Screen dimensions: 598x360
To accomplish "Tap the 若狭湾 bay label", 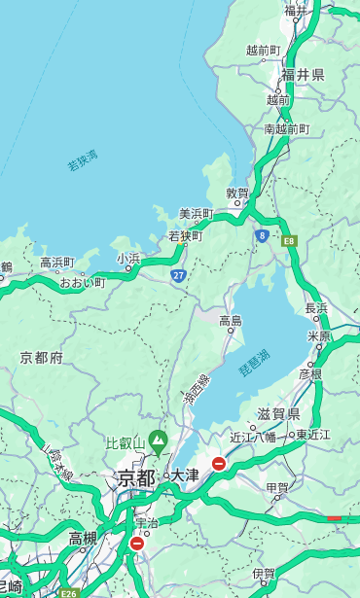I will (83, 160).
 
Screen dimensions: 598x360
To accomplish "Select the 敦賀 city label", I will (237, 193).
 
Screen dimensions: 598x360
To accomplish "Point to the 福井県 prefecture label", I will (303, 75).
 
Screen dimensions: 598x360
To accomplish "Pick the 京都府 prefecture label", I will (42, 358).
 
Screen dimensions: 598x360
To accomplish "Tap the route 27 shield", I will (178, 276).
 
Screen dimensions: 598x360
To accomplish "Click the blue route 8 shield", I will (262, 235).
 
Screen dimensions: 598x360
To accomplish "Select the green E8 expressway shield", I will (289, 240).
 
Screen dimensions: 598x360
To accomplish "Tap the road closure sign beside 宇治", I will (136, 544).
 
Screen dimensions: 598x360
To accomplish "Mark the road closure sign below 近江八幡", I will (219, 464).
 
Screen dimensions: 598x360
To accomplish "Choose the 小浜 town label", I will (128, 259).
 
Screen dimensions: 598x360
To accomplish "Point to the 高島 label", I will (231, 321).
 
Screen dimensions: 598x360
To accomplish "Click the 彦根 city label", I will (309, 373).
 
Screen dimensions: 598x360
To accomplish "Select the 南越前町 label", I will (286, 128).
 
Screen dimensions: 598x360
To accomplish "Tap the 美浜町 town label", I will (196, 213).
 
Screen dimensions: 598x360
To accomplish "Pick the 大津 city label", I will (185, 475).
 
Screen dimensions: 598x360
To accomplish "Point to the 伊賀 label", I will (263, 574).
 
